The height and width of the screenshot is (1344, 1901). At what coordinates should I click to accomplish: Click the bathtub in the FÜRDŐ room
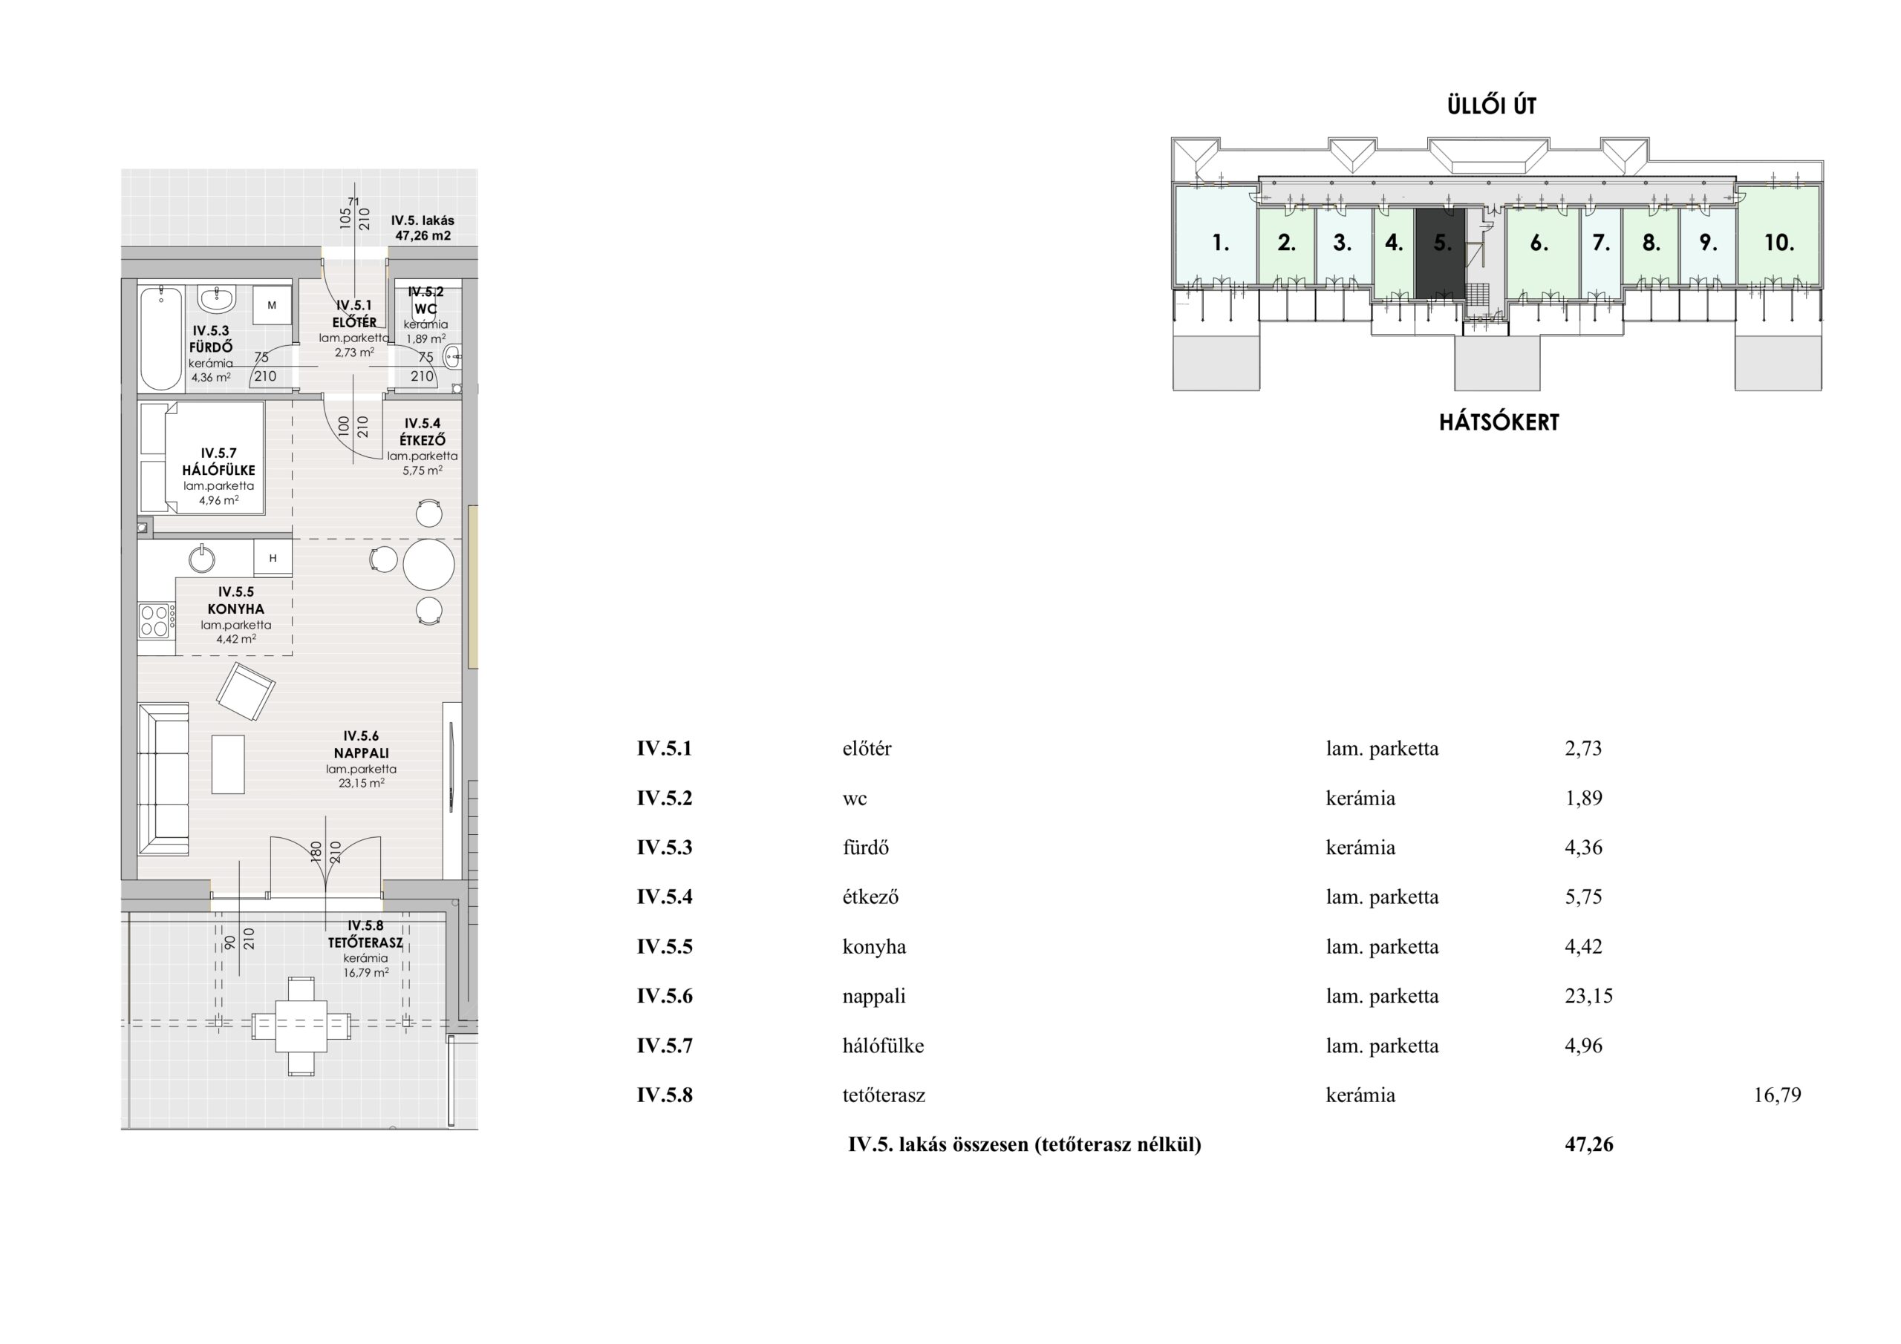click(x=160, y=338)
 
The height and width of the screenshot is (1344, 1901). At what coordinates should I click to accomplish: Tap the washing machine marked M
click(x=272, y=305)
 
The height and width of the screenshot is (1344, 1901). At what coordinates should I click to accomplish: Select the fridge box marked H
click(x=273, y=558)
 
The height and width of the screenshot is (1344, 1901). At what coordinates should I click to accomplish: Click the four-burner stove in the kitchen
click(x=157, y=620)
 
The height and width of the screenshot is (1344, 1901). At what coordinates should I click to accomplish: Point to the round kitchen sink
click(x=202, y=559)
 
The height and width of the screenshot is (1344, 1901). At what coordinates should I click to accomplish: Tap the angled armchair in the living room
click(x=245, y=691)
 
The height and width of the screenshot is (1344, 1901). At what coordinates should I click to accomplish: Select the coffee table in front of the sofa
click(x=228, y=764)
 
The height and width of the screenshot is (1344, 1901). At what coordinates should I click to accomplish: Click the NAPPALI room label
click(x=361, y=753)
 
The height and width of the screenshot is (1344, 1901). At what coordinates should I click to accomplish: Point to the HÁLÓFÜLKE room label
click(x=218, y=470)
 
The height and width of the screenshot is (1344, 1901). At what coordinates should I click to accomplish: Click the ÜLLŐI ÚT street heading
click(x=1491, y=106)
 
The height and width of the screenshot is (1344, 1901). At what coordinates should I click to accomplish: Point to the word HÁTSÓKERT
click(x=1499, y=422)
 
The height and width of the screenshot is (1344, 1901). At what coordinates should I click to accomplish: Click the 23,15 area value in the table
click(x=1589, y=996)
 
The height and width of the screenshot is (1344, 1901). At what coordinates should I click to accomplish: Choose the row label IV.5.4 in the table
click(x=664, y=897)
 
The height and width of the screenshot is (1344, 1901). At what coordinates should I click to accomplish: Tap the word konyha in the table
click(x=874, y=947)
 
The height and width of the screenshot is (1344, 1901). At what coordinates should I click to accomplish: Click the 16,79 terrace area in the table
click(x=1778, y=1095)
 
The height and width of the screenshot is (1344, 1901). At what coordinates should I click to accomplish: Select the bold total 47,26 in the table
click(x=1589, y=1144)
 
